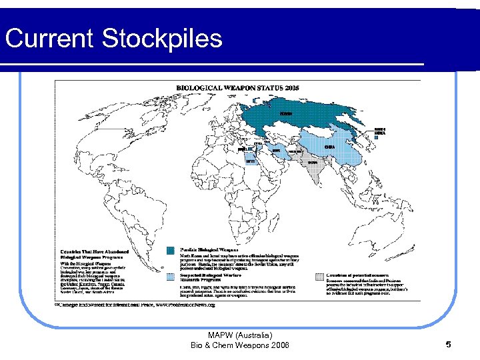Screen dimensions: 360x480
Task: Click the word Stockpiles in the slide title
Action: coord(162,39)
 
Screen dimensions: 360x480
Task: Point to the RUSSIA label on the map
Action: coord(285,114)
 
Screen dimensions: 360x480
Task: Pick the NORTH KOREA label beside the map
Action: coord(379,130)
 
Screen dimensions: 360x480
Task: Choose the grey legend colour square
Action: coord(319,275)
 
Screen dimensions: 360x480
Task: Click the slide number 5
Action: coord(449,345)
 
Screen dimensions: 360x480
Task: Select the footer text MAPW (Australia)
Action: coord(240,335)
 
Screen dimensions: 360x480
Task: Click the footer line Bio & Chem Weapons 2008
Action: coord(240,345)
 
